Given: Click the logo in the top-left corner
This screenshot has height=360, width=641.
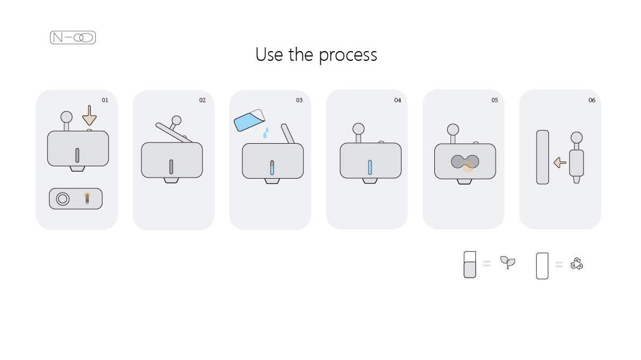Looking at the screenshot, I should coord(73,38).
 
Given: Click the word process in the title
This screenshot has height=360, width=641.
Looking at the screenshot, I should coord(348,55).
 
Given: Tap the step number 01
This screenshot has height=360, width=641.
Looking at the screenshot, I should coord(105,100).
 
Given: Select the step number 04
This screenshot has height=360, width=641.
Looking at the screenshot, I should coord(397,100).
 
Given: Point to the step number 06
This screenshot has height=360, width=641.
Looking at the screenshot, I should coord(591,100).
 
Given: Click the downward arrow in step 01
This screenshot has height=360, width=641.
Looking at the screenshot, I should coord(89,116).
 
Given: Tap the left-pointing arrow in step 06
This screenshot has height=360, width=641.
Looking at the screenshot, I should coord(560,163).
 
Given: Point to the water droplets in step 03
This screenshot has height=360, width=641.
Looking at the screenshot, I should coord(265,133).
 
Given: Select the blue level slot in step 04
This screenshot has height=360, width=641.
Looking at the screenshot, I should coord(370,167).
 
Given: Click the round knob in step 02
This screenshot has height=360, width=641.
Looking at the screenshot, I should coord(177,121).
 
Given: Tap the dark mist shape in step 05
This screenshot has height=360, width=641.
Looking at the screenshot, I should coord(465,161).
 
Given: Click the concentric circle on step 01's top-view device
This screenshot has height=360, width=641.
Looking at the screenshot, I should coord(62,199).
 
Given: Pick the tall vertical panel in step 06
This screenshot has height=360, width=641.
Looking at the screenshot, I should coord(543,157).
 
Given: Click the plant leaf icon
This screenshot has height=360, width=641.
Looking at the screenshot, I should coord(508,262).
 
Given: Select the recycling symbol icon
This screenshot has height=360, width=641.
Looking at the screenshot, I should coord(577,264).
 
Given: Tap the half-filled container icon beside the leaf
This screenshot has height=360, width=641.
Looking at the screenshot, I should coord(470,265).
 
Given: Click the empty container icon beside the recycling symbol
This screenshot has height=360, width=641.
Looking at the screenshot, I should coord(542,266).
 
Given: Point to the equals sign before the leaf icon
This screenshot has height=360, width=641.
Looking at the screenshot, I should coord(487,264).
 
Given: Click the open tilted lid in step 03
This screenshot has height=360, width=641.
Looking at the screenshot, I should coord(288,133).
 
